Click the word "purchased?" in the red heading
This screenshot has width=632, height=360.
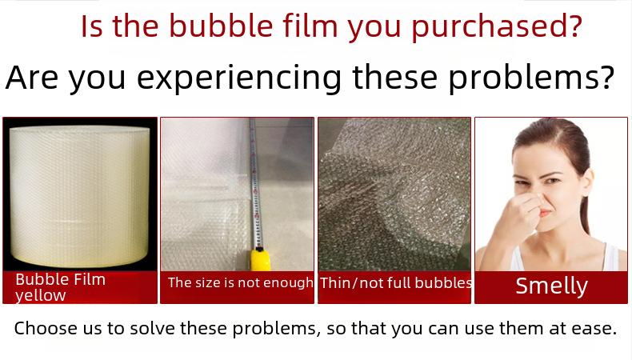(x=497, y=26)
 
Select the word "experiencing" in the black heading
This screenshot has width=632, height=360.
(x=239, y=78)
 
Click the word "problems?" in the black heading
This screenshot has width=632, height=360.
(x=531, y=78)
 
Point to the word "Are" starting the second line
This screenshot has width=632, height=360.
(x=31, y=77)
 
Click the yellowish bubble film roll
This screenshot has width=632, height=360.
(x=79, y=195)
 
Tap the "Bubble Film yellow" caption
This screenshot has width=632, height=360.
(x=61, y=287)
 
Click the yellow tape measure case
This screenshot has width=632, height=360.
(x=261, y=260)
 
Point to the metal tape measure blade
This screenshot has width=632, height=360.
(x=255, y=183)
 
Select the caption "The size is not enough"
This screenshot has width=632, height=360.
(x=241, y=282)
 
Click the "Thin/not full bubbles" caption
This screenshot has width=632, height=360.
(x=395, y=282)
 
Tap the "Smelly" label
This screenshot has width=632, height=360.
(x=551, y=286)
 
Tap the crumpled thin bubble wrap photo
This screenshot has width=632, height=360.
(x=394, y=194)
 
